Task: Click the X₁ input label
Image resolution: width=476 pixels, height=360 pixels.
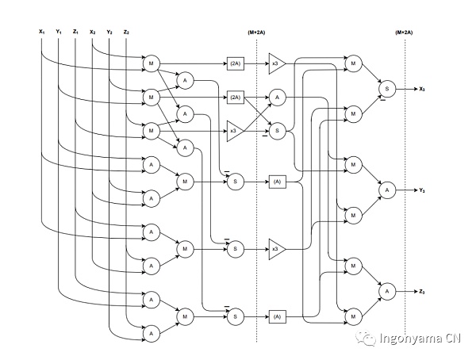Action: click(x=41, y=32)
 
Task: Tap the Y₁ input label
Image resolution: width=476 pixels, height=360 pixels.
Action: click(x=59, y=32)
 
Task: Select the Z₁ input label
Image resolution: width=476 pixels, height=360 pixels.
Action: click(x=75, y=32)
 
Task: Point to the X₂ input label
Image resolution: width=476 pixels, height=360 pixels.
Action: click(x=93, y=32)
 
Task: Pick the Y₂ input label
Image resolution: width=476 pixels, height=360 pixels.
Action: click(x=109, y=32)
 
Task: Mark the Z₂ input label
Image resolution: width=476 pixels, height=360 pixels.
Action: click(x=126, y=32)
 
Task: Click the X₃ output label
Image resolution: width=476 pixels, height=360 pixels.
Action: click(x=423, y=89)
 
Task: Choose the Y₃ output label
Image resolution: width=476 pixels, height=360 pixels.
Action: click(x=423, y=190)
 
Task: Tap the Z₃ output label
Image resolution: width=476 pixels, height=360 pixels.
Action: click(x=423, y=293)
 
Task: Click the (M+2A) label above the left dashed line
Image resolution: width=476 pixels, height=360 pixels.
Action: click(x=257, y=33)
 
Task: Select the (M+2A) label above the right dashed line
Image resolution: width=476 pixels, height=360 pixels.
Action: click(x=405, y=33)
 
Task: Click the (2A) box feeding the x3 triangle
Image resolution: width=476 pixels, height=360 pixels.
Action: click(x=235, y=63)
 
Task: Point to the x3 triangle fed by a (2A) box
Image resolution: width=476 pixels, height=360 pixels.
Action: click(x=274, y=63)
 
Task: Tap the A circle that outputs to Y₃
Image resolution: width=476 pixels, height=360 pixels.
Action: click(x=387, y=190)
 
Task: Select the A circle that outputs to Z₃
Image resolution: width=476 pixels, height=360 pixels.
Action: click(x=387, y=293)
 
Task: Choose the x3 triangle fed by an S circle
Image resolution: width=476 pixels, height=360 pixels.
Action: click(x=274, y=249)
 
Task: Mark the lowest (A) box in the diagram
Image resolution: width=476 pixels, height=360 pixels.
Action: click(x=277, y=317)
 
